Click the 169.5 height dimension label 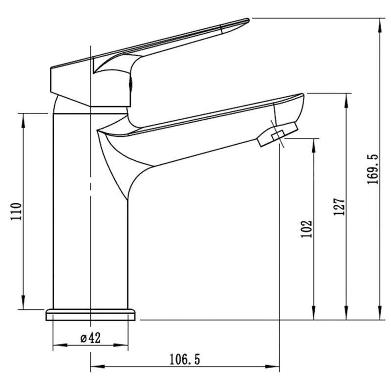[372, 169]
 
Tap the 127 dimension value [340, 207]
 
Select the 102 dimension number [307, 229]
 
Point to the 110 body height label [16, 212]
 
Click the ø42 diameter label [90, 338]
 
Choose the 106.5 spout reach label [185, 360]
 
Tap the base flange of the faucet [90, 315]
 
